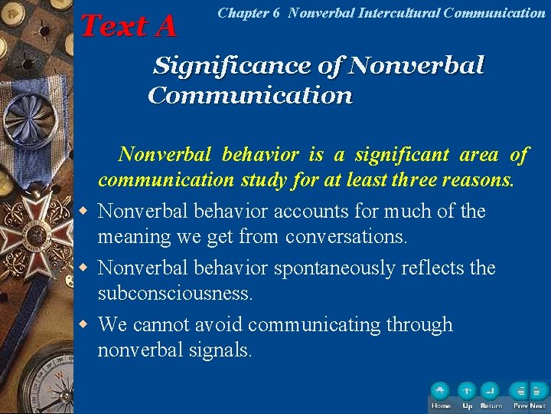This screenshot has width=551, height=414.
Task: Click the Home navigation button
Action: [440, 392]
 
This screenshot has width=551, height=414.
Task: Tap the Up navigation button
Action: [467, 392]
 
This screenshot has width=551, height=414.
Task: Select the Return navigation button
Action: [491, 392]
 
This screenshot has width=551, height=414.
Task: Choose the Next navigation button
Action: [538, 392]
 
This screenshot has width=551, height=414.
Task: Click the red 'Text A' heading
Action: [128, 26]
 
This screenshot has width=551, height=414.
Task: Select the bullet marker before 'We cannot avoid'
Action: [86, 325]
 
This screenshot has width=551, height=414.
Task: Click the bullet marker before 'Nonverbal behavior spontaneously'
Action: [86, 268]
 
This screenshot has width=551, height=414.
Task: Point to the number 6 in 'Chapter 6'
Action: [275, 13]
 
